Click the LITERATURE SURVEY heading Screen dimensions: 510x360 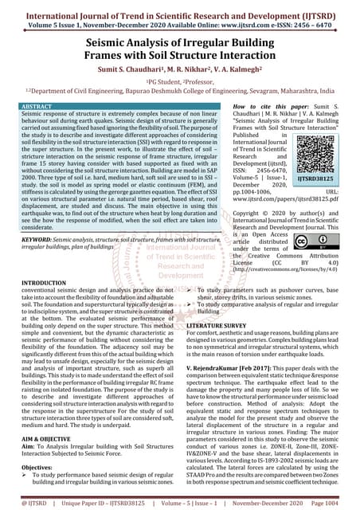pyautogui.click(x=221, y=326)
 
